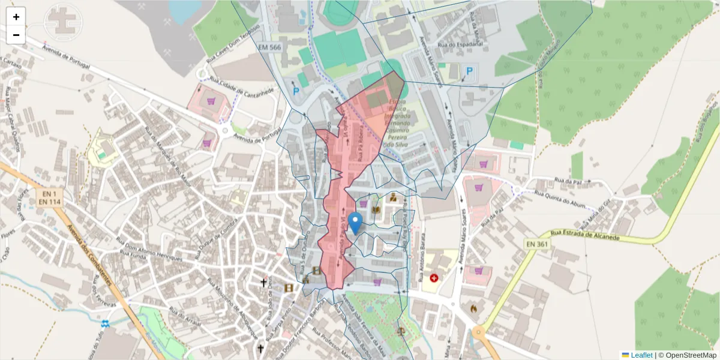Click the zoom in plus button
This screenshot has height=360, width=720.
[16, 17]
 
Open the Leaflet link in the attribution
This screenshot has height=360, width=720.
[641, 355]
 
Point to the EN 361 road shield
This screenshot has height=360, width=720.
[538, 244]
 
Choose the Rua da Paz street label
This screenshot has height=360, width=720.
[569, 180]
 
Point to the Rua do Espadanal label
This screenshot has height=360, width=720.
[461, 44]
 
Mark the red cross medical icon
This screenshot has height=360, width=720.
[434, 278]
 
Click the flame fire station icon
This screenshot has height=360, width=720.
[473, 308]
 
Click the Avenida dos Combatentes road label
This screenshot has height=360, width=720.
[89, 258]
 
